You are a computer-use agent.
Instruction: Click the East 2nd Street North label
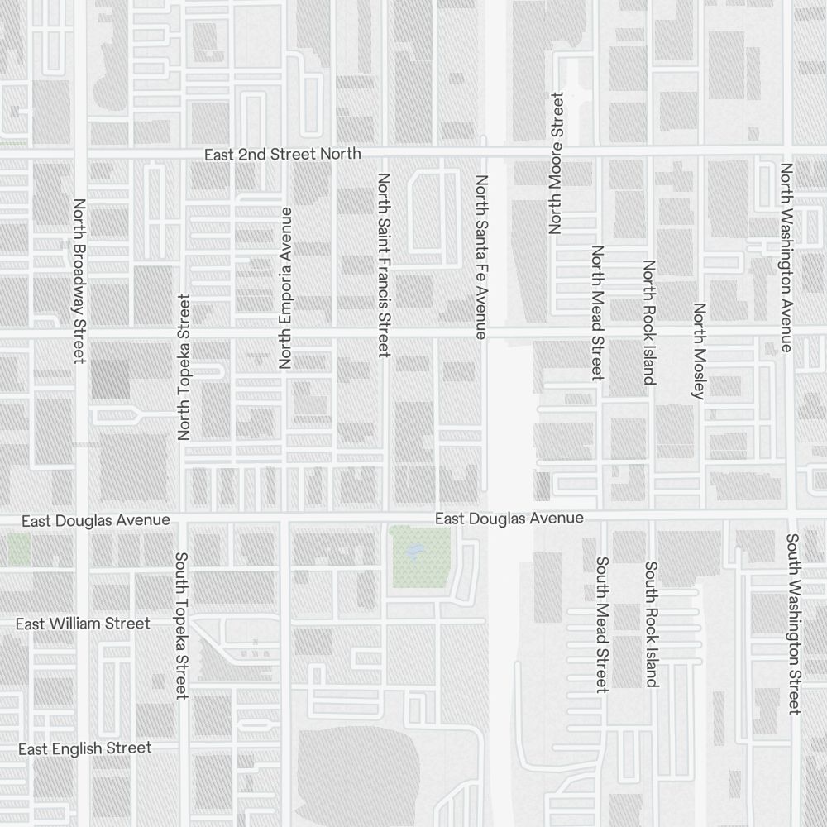(283, 154)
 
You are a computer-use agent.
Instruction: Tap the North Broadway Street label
(79, 280)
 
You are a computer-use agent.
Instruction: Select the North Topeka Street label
(184, 366)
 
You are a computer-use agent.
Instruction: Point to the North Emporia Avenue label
(286, 287)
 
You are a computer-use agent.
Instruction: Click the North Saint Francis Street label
(383, 265)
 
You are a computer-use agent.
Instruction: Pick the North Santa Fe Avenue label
(481, 256)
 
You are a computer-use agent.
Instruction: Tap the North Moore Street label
(556, 163)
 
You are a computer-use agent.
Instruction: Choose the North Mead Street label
(597, 313)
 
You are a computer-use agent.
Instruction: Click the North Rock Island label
(649, 323)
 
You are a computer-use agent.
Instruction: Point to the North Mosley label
(700, 351)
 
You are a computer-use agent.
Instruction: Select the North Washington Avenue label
(786, 256)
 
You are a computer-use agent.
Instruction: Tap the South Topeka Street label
(182, 625)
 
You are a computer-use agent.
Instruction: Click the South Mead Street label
(602, 624)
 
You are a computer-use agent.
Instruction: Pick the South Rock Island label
(651, 624)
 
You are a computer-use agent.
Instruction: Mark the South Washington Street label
(793, 624)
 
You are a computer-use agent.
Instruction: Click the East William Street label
(83, 624)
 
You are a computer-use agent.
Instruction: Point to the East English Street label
(85, 748)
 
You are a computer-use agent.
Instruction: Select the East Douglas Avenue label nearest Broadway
(96, 520)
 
